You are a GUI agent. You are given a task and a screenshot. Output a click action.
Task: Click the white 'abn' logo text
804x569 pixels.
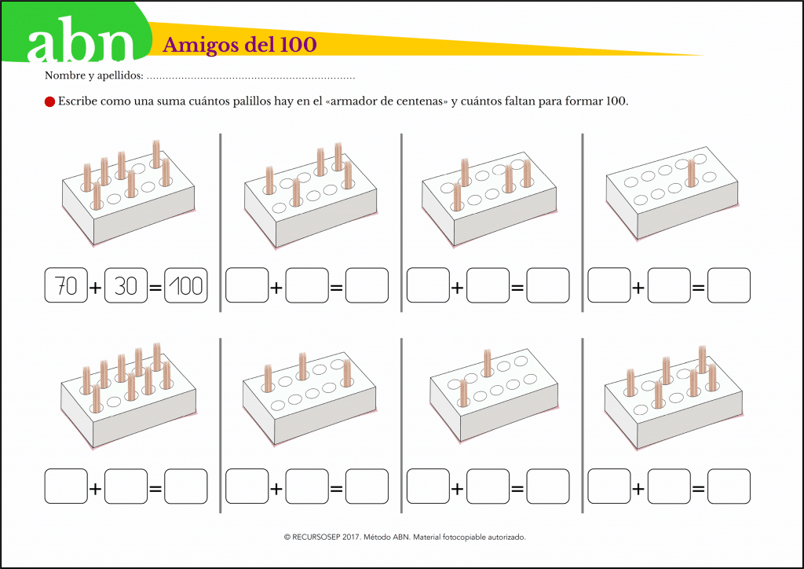click(x=80, y=40)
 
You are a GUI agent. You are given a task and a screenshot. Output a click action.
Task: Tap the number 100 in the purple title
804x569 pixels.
click(x=298, y=44)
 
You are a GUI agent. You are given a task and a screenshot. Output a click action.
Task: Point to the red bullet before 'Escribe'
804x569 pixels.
click(x=49, y=101)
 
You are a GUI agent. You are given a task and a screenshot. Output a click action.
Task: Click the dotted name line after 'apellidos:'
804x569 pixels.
click(x=250, y=78)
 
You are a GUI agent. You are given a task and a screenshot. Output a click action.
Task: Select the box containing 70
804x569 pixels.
click(x=66, y=285)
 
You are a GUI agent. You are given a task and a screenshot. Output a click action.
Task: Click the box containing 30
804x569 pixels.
click(x=126, y=285)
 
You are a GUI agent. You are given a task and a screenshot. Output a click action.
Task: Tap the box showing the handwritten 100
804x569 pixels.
click(x=185, y=285)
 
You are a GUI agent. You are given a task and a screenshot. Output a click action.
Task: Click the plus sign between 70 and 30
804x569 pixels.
click(x=96, y=288)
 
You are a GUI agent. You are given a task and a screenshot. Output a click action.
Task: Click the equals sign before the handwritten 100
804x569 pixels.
click(x=155, y=288)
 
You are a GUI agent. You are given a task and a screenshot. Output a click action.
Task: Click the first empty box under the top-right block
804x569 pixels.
click(x=609, y=285)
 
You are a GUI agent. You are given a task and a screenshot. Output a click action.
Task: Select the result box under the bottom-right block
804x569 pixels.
click(x=729, y=486)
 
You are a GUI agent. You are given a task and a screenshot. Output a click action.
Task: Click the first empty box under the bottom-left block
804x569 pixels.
click(x=66, y=486)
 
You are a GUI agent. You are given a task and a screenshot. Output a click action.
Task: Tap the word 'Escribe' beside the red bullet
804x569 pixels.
click(x=78, y=101)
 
